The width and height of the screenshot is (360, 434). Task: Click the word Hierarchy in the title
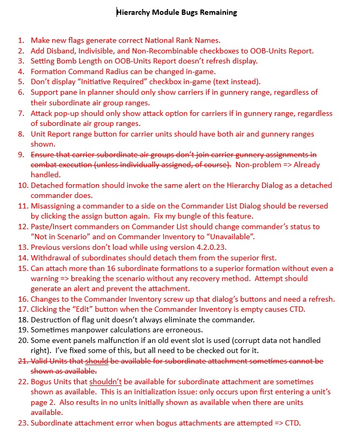point(134,12)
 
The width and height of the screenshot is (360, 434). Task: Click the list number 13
point(21,248)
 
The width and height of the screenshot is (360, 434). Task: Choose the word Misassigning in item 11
point(55,206)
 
